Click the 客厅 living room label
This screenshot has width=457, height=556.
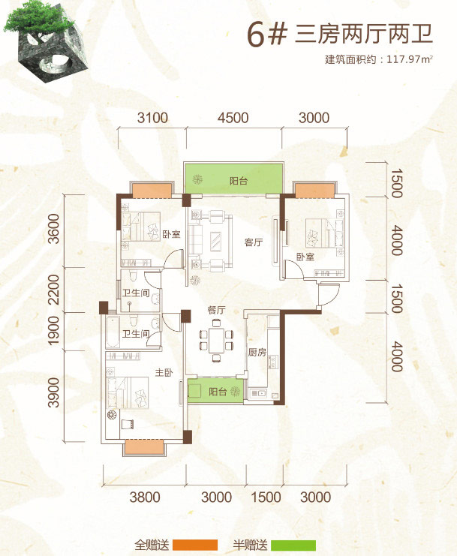click(254, 242)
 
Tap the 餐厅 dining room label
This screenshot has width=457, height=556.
click(216, 311)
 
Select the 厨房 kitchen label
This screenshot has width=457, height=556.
click(257, 352)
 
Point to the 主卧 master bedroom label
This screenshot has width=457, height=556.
click(164, 372)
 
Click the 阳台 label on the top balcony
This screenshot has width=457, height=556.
click(238, 181)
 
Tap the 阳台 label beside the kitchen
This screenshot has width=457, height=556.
click(218, 392)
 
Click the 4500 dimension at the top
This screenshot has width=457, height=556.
click(233, 118)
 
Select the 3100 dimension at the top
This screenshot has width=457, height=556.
click(152, 118)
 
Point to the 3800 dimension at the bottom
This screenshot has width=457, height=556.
click(145, 497)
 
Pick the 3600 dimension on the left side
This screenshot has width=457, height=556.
click(53, 229)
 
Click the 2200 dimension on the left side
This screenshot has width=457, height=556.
click(53, 290)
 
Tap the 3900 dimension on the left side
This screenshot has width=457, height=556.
click(53, 392)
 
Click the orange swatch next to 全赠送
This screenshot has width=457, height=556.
click(194, 545)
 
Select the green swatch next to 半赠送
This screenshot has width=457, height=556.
click(293, 545)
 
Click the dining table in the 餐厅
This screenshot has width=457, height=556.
click(216, 341)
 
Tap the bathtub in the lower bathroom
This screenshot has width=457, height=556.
click(113, 332)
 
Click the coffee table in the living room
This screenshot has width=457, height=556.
click(215, 242)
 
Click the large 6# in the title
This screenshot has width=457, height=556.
click(266, 35)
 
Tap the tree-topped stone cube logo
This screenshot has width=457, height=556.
click(44, 41)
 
